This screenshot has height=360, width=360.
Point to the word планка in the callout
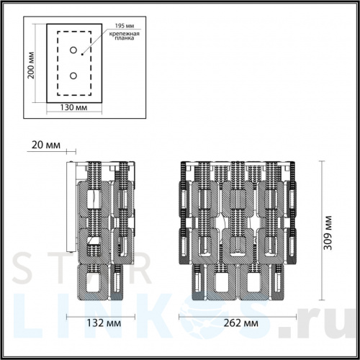pyautogui.click(x=125, y=41)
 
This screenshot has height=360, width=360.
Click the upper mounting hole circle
pyautogui.click(x=73, y=50)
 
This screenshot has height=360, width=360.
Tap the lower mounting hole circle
pyautogui.click(x=73, y=75)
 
